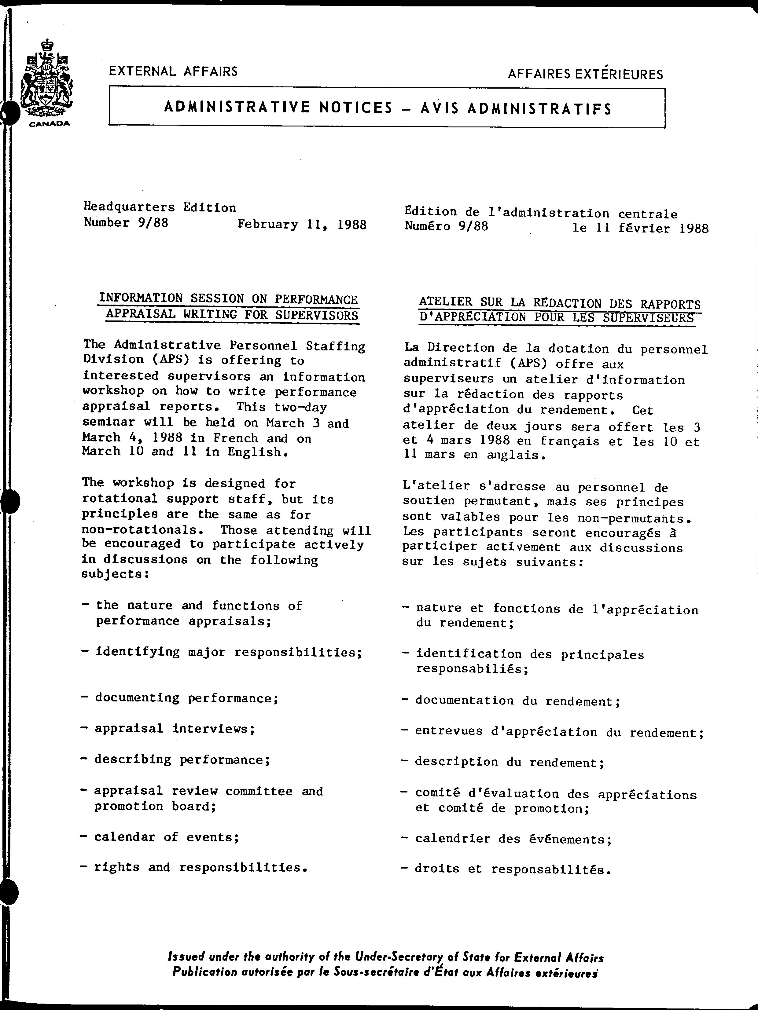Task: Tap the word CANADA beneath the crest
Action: [50, 124]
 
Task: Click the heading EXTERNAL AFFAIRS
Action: [173, 71]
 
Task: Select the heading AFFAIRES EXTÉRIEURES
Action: [585, 74]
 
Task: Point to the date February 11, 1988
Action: [302, 225]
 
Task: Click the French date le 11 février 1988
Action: [640, 228]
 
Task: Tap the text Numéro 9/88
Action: [446, 226]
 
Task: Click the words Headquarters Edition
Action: [160, 207]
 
